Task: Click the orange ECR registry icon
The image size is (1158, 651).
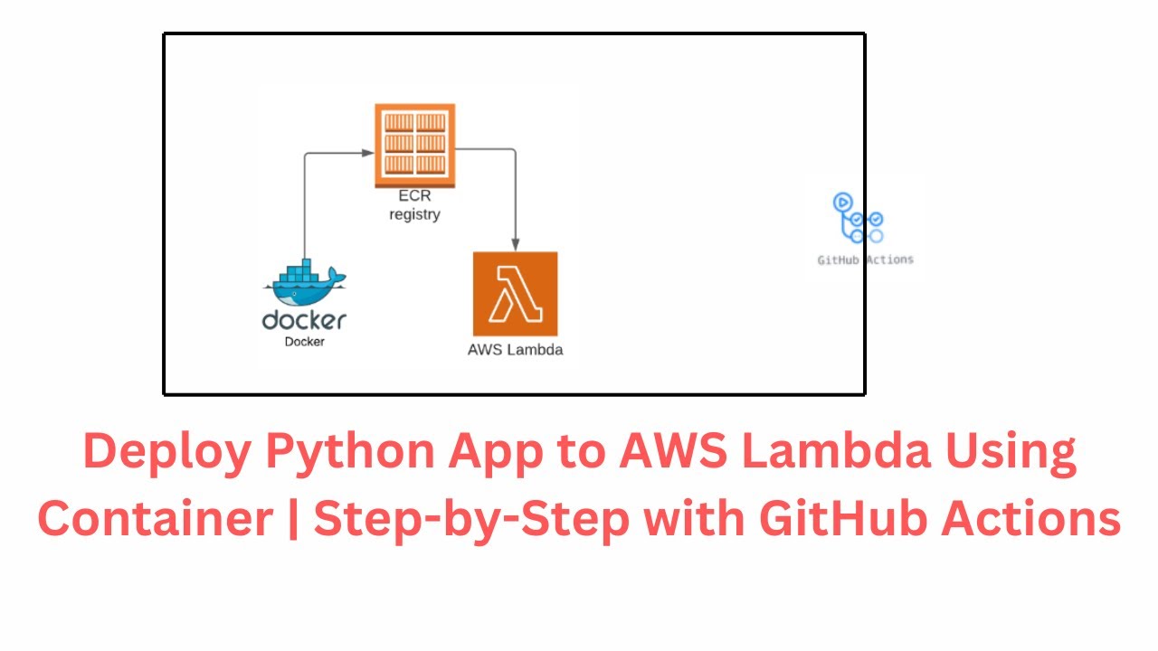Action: (414, 145)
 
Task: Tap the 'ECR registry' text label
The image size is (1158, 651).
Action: (414, 206)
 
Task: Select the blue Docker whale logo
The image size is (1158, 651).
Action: (305, 283)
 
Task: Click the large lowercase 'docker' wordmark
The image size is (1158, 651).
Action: (304, 320)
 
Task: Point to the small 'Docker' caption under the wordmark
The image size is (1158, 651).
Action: (305, 342)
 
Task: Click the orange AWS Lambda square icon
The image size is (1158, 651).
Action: (515, 294)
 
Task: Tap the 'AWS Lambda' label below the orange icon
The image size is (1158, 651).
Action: (515, 350)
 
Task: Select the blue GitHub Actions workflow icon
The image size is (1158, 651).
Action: (858, 219)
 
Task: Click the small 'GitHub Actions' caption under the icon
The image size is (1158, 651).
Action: (865, 259)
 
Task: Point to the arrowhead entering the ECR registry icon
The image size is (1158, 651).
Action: (369, 155)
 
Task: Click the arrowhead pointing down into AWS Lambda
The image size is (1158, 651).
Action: (515, 244)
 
